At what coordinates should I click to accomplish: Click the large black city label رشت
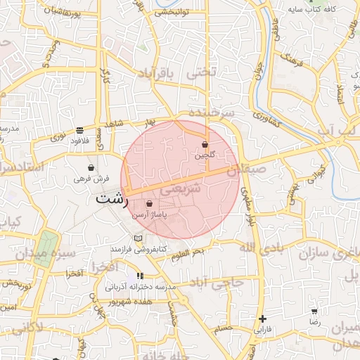113,199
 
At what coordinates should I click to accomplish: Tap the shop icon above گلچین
205,143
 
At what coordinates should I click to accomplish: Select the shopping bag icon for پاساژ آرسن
149,204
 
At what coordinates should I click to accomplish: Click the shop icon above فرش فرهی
91,168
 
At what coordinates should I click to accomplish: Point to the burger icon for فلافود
79,130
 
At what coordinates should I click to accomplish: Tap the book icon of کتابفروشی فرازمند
137,238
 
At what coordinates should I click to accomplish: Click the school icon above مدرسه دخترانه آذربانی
141,276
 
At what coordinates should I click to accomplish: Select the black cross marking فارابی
262,319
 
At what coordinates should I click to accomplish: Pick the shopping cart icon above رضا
314,310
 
